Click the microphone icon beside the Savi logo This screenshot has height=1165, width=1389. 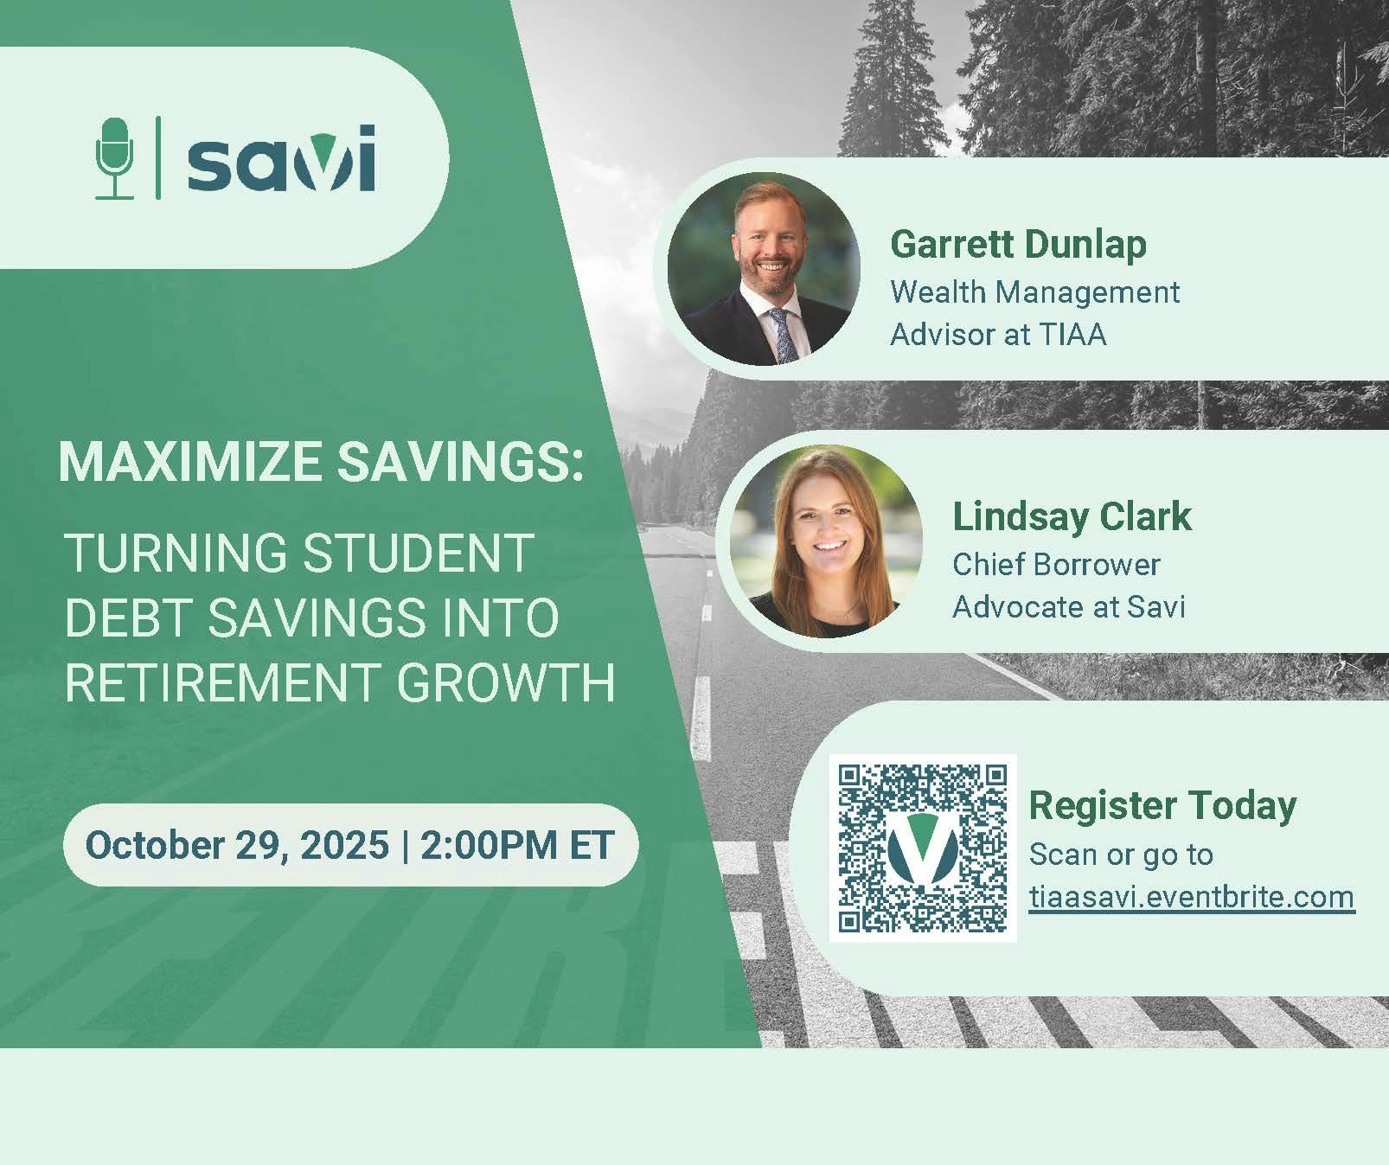click(x=114, y=158)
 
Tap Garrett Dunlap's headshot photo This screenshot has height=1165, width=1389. click(x=764, y=268)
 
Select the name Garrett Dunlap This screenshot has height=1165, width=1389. click(x=1018, y=244)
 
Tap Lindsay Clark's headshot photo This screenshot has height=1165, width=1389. click(x=826, y=541)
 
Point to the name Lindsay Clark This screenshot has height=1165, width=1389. click(x=1072, y=516)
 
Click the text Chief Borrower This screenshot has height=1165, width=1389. click(x=1056, y=564)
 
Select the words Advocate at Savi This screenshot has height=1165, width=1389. click(x=1068, y=606)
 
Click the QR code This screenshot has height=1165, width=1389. click(x=923, y=848)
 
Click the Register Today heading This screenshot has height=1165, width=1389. click(x=1162, y=805)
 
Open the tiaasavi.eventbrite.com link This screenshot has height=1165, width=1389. click(x=1192, y=896)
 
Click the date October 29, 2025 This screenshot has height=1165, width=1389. click(x=237, y=844)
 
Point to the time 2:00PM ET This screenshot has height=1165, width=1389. click(x=517, y=844)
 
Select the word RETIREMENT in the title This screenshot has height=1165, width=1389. click(x=221, y=682)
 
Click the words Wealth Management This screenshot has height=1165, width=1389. click(x=1034, y=291)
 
